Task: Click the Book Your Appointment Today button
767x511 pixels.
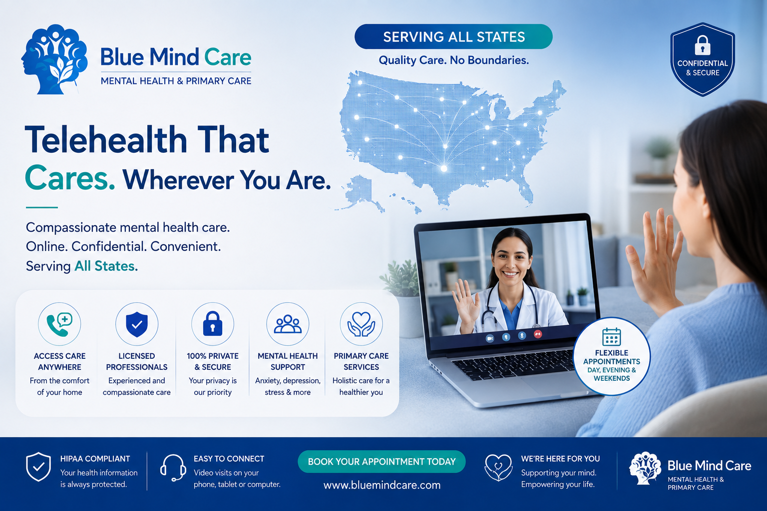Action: coord(382,462)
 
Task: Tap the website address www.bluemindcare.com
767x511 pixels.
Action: coord(382,485)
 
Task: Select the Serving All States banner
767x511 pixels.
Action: coord(454,36)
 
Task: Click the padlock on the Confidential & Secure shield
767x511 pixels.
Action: coord(702,45)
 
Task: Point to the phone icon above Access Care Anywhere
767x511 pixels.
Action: coord(59,324)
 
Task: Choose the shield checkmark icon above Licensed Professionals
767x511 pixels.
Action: coord(137,324)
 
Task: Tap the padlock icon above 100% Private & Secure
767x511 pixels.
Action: coord(213,323)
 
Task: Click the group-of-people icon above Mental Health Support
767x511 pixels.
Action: coord(288,324)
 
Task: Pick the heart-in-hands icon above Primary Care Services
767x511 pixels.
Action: coord(361,324)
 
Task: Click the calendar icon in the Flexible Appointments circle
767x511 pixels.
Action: coord(612,336)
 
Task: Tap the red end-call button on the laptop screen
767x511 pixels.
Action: coord(538,334)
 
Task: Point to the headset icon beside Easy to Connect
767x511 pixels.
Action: coord(173,468)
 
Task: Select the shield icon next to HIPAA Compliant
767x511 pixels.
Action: coord(38,467)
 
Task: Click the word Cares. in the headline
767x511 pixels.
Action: coord(70,178)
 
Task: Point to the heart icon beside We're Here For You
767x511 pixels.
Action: coord(498,467)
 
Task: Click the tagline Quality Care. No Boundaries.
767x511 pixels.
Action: coord(454,60)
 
